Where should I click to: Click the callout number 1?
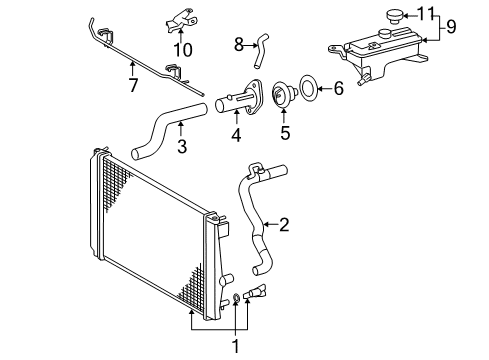(236, 347)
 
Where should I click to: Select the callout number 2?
(284, 225)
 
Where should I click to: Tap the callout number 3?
(182, 146)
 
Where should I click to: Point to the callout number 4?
(236, 135)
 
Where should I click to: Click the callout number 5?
(285, 133)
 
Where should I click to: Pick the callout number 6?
(339, 89)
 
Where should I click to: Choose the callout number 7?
(133, 85)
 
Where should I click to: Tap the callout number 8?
(239, 45)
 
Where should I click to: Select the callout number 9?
(451, 27)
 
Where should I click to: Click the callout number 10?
(183, 50)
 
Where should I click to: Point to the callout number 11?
(426, 14)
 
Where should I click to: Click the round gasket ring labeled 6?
(308, 89)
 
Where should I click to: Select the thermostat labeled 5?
(284, 95)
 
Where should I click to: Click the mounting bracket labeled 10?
(180, 21)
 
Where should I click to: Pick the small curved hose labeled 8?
(260, 51)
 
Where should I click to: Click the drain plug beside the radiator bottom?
(255, 291)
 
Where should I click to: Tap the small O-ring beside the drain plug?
(236, 297)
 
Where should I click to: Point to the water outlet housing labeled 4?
(238, 97)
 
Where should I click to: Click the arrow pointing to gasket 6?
(325, 89)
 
